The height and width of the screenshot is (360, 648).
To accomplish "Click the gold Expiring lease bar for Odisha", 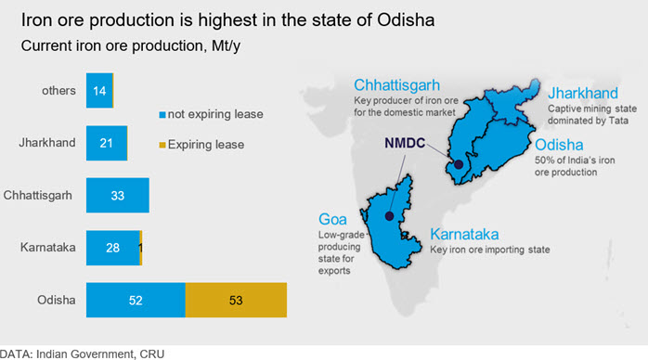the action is pos(236,300).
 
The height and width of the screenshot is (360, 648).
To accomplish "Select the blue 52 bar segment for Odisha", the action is pos(136,300).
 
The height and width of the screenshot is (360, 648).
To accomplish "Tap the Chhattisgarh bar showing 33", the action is pos(118,195).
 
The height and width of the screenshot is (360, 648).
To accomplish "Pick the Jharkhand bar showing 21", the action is pos(106,143).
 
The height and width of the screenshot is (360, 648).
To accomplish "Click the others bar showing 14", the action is pos(99,90).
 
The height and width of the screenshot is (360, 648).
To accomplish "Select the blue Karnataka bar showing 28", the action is pos(113,248).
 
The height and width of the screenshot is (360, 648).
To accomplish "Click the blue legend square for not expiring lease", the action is pos(162,114).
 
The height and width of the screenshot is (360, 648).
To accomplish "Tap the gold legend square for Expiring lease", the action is pos(162,145).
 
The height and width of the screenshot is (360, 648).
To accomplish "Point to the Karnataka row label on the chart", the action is pos(48,248).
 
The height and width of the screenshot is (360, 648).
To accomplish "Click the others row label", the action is pos(58,90).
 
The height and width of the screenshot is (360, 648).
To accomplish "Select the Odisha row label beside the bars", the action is pos(57,300).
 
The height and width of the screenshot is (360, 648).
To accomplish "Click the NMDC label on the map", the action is pos(405,143).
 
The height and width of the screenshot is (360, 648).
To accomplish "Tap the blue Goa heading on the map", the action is pos(332,219).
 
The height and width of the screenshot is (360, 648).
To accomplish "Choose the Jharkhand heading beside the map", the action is pos(583,94).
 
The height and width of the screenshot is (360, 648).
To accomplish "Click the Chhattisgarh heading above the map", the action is pos(396,85).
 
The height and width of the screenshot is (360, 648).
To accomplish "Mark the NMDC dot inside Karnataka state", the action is pos(389,216).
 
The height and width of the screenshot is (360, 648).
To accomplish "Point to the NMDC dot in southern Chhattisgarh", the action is pos(459,164).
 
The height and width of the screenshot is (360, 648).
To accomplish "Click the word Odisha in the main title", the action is pos(406,19).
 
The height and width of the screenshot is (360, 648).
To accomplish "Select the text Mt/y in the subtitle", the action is pos(226,45).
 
